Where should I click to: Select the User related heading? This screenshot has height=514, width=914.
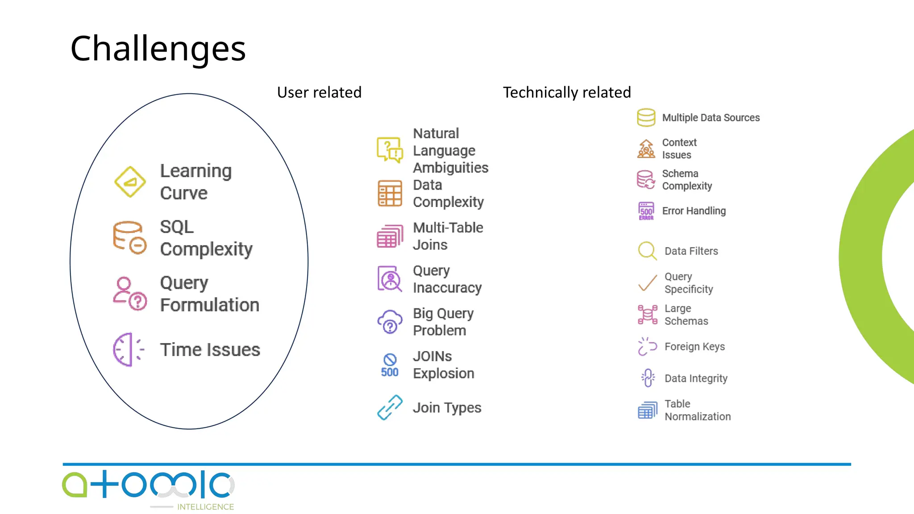tap(319, 92)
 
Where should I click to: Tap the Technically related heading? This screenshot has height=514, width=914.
tap(567, 92)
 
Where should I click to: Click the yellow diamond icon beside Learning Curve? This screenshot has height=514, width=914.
tap(130, 182)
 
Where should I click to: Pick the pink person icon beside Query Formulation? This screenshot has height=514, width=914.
tap(129, 294)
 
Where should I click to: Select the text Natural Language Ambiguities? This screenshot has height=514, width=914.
tap(450, 150)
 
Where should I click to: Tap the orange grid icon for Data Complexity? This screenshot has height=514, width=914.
tap(390, 194)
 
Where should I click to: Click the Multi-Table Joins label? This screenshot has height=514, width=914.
tap(448, 236)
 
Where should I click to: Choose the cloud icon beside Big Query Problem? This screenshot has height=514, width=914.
tap(390, 322)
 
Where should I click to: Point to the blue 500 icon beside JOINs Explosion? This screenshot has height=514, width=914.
tap(390, 365)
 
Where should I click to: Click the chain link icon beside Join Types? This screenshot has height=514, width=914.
tap(390, 407)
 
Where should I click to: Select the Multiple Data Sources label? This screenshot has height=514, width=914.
tap(710, 118)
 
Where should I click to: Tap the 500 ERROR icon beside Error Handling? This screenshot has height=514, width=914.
tap(646, 211)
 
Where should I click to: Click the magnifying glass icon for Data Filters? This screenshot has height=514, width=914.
tap(647, 251)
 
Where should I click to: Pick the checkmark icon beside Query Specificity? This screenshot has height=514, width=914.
tap(647, 283)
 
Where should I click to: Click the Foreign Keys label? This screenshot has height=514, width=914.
tap(694, 347)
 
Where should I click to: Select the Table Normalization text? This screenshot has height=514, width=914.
tap(697, 410)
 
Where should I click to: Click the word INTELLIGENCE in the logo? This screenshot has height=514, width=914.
tap(205, 507)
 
